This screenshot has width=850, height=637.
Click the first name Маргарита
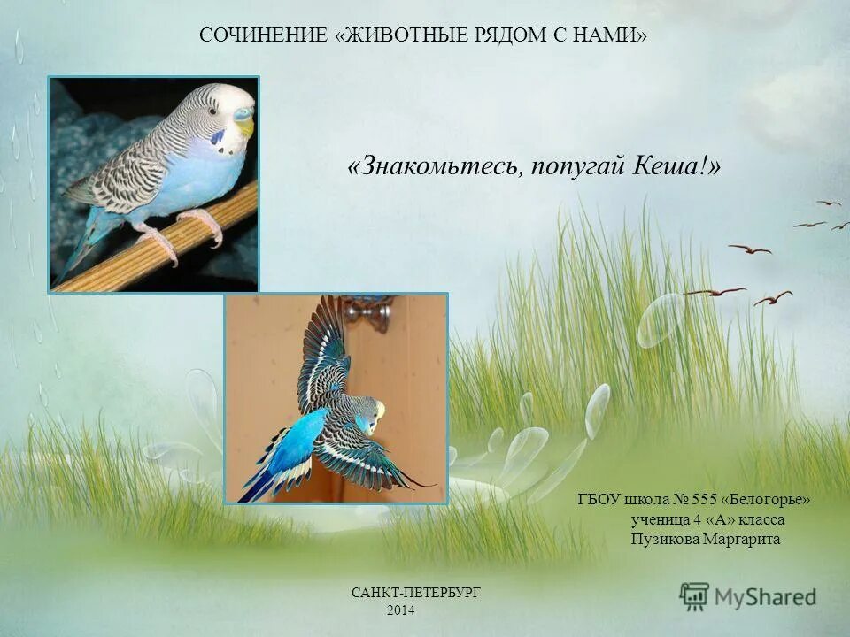tap(741, 539)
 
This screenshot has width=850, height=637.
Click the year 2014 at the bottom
tap(401, 611)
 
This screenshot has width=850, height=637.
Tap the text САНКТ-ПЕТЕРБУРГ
tap(416, 593)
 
